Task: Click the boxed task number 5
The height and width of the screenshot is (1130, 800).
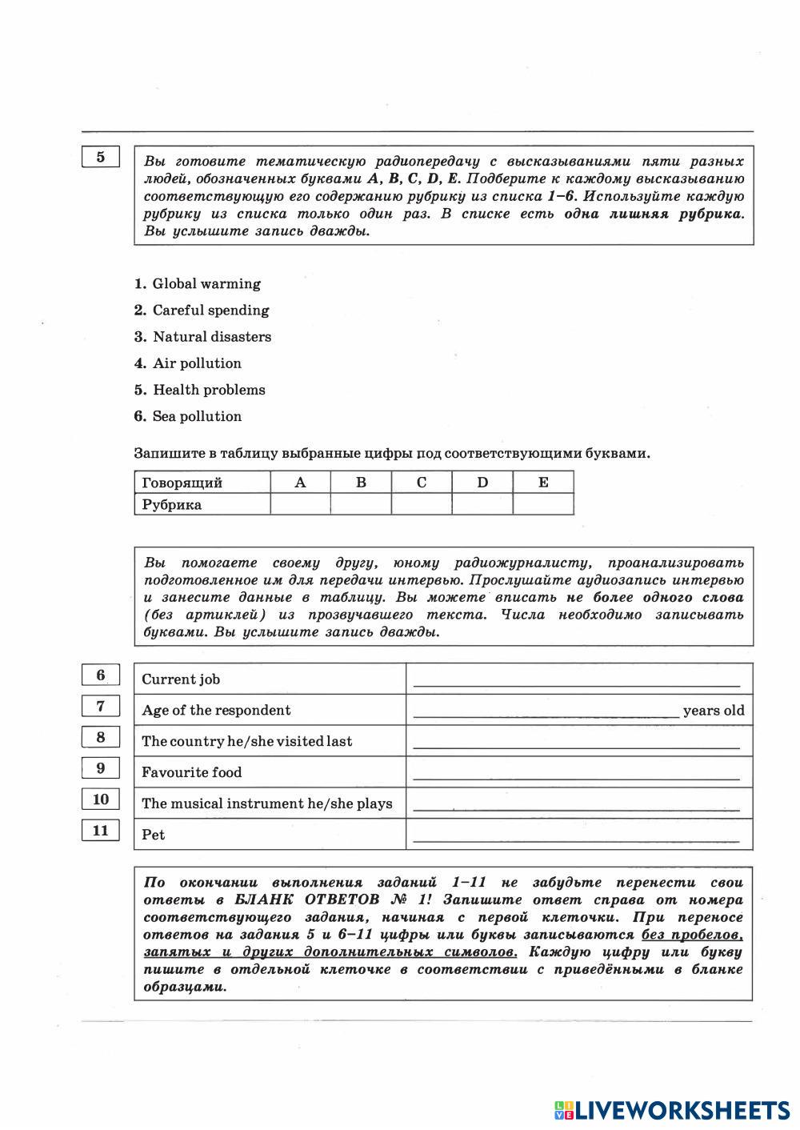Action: [101, 157]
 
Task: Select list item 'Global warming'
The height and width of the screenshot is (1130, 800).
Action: [206, 284]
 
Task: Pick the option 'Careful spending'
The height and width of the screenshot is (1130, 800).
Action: [210, 311]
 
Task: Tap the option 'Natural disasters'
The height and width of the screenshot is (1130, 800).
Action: [211, 337]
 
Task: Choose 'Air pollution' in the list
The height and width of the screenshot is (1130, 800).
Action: [197, 363]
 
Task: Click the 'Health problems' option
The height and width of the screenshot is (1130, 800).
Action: [209, 390]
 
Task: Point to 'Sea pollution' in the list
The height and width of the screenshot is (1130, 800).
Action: [197, 416]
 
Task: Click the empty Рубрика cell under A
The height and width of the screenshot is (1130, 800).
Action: [301, 504]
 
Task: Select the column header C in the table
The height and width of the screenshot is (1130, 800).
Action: [422, 482]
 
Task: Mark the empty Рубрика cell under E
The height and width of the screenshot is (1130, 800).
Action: [543, 504]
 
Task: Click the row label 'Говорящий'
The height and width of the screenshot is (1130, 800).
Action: [182, 483]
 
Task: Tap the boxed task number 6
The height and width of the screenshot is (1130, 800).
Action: [101, 675]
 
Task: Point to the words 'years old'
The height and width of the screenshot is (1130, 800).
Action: [714, 711]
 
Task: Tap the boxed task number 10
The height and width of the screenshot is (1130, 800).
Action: [101, 799]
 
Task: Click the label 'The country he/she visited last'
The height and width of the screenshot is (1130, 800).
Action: [246, 741]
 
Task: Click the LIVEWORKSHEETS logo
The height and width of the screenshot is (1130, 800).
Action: [672, 1110]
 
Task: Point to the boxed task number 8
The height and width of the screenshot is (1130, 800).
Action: [101, 737]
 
